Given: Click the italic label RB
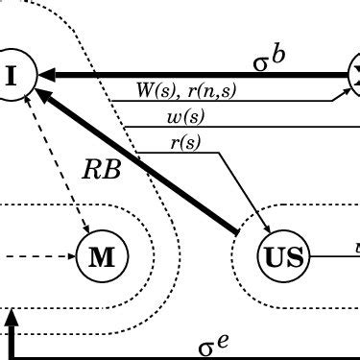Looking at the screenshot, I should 101,171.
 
